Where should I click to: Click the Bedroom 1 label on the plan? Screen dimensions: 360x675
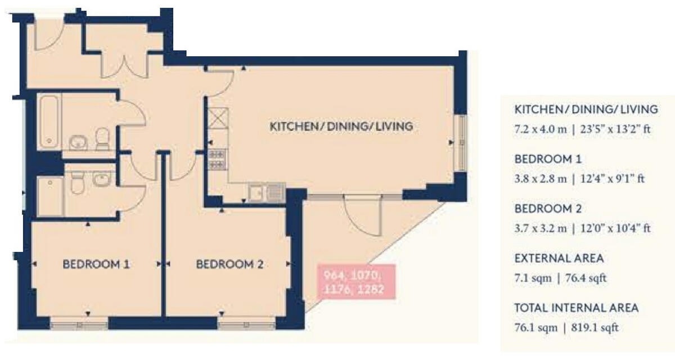pos(96,264)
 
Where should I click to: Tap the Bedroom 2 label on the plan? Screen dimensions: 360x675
pos(229,264)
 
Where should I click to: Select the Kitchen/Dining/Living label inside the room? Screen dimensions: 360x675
pos(341,127)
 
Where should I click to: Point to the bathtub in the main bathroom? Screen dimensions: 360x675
pos(49,120)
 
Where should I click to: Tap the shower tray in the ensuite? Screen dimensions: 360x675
pos(50,195)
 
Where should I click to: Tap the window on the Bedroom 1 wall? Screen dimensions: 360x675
pos(79,325)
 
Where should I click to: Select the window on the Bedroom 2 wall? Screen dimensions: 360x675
pos(246,325)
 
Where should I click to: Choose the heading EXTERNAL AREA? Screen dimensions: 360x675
pos(559,259)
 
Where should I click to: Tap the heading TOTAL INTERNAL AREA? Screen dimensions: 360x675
pos(577,308)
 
